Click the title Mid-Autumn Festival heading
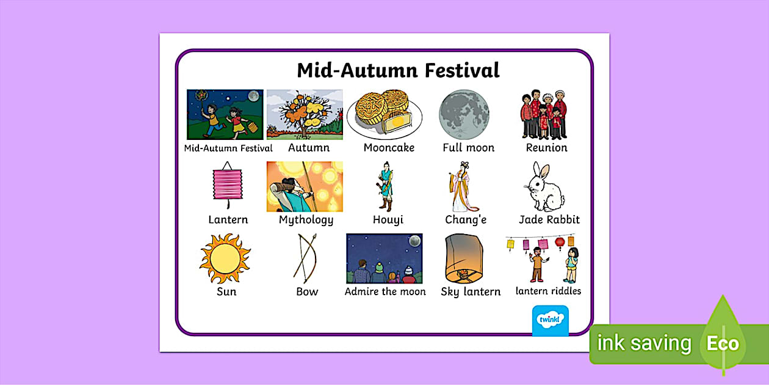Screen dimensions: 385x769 coord(398,70)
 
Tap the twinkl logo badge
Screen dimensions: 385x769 coord(550,320)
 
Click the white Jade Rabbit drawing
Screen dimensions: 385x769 coord(544,187)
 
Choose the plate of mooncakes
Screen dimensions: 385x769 coord(385,114)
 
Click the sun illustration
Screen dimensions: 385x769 coord(225,257)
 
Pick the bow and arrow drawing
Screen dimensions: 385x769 coord(305,257)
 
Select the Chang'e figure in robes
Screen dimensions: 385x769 coord(462,186)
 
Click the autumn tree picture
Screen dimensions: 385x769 coord(305,114)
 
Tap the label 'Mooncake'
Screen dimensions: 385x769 coord(389,148)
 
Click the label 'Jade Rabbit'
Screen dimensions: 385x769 coord(549,219)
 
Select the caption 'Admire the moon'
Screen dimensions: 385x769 coord(385,291)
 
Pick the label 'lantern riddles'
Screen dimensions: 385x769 coord(548,291)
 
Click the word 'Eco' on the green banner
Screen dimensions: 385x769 coord(723,343)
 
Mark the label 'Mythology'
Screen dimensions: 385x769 coord(306,220)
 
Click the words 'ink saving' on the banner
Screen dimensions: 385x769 coord(644,343)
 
